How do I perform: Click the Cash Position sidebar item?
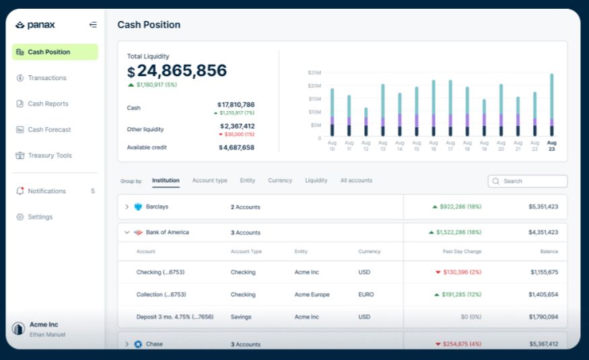(x=48, y=52)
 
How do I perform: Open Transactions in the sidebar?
(x=46, y=78)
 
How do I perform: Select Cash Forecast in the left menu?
(x=48, y=130)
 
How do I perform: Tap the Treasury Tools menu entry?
(x=49, y=155)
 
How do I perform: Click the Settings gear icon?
(x=20, y=217)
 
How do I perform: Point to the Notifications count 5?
(x=93, y=191)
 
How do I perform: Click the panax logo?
(x=36, y=25)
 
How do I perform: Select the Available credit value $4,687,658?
(x=236, y=147)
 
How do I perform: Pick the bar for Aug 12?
(x=366, y=122)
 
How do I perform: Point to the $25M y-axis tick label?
(x=314, y=73)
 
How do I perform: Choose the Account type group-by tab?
(x=209, y=180)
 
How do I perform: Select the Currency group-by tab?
(x=280, y=180)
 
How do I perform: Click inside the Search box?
(x=532, y=181)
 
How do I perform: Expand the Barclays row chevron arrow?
(x=127, y=207)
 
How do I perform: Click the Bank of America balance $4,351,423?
(x=543, y=232)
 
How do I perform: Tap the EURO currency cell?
(x=367, y=295)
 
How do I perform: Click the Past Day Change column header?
(x=461, y=252)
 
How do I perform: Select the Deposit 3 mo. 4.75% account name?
(x=175, y=317)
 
